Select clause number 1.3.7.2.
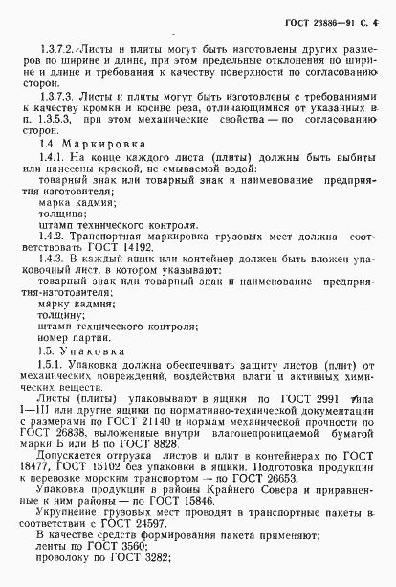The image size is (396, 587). click(x=55, y=46)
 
